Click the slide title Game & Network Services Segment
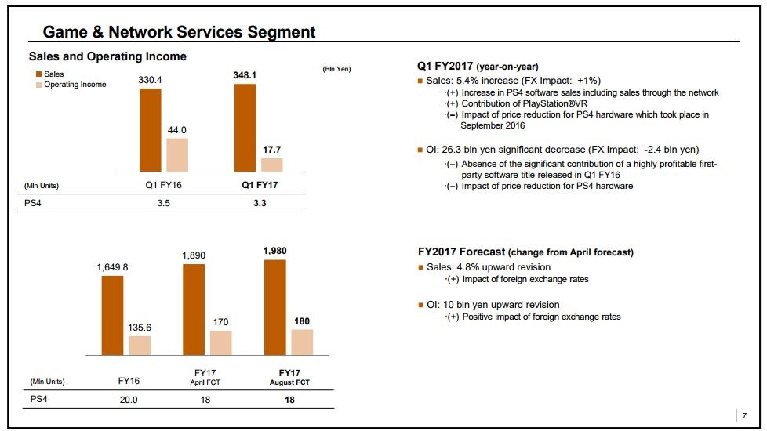pos(179,32)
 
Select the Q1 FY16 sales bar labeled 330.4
pos(151,129)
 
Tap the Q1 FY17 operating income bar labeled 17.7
pos(271,165)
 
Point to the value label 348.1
pos(245,75)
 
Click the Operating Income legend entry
pos(75,85)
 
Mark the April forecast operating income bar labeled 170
pos(221,343)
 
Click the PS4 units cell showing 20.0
pos(129,400)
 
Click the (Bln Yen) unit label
pos(337,69)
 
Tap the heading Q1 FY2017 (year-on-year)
pos(478,66)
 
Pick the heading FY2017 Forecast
pos(525,252)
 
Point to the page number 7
pos(744,415)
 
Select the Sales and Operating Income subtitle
pos(107,56)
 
